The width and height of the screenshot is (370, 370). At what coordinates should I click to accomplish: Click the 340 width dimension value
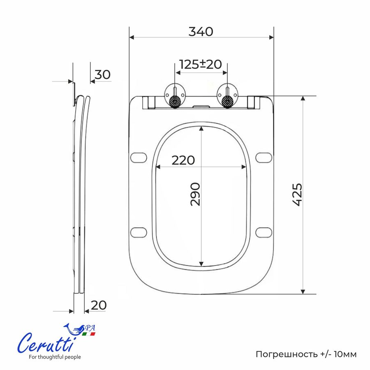coord(201,32)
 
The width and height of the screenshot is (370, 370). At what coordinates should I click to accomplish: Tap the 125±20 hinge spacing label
coord(201,64)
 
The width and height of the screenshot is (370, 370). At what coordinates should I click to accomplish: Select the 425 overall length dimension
coord(297,194)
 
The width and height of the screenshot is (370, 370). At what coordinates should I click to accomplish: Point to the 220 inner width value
coord(183,160)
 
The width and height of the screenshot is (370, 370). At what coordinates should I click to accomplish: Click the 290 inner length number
coord(195,194)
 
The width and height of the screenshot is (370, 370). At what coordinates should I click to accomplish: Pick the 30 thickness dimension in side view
coord(102,74)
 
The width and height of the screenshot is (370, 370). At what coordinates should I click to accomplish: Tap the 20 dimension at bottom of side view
coord(99,305)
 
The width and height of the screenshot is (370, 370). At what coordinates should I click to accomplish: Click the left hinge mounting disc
coord(175,95)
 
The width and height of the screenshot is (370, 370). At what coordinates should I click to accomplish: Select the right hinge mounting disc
coord(228,95)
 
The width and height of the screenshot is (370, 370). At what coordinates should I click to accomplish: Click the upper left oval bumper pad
coord(139,157)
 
